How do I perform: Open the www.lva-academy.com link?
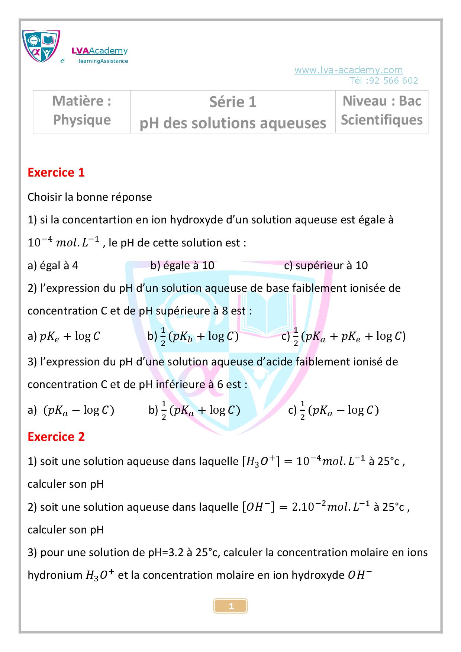(348, 70)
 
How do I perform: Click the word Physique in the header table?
(82, 120)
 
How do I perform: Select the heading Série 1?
(233, 102)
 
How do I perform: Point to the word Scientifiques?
(382, 120)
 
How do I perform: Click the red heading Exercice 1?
(56, 173)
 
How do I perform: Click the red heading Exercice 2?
(56, 437)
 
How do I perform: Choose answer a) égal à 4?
(53, 265)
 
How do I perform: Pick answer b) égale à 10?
(182, 265)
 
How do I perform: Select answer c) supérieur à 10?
(326, 265)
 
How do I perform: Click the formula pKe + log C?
(70, 336)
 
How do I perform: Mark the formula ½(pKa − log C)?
(339, 411)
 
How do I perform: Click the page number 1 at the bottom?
(230, 606)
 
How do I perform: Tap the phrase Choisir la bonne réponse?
(90, 197)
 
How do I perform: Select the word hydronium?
(55, 575)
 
